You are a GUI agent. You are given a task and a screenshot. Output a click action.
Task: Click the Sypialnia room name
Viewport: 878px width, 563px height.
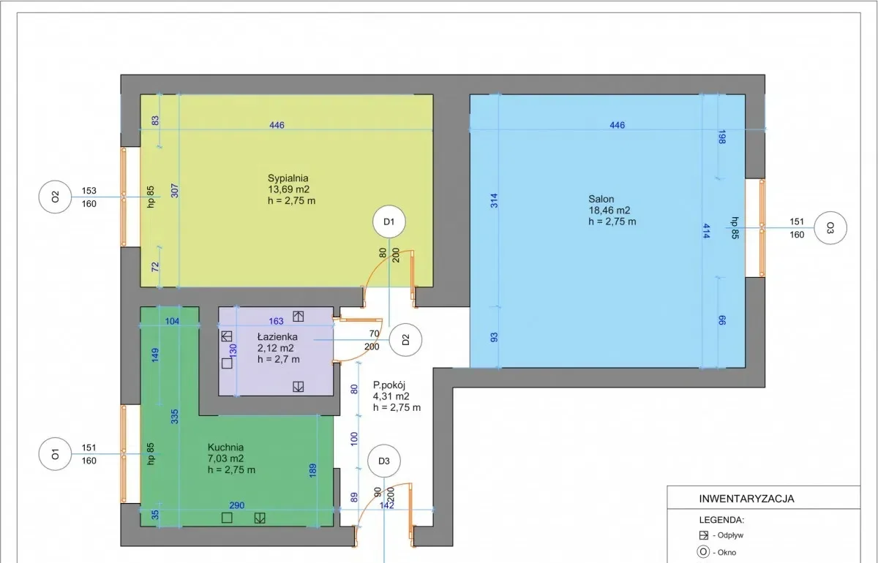pyautogui.click(x=288, y=178)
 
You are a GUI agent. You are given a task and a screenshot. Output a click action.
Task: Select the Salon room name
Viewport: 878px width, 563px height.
pyautogui.click(x=601, y=199)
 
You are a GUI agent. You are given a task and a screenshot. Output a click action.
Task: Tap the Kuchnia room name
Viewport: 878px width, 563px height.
pyautogui.click(x=226, y=447)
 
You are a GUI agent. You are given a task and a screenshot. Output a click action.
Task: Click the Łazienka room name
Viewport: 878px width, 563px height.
pyautogui.click(x=277, y=336)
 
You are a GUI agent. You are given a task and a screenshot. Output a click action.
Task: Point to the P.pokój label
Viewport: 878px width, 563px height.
pyautogui.click(x=389, y=385)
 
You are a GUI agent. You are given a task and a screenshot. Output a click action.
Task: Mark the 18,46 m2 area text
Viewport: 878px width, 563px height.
pyautogui.click(x=609, y=211)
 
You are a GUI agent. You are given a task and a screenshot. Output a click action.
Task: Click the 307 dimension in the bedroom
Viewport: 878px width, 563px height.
pyautogui.click(x=175, y=191)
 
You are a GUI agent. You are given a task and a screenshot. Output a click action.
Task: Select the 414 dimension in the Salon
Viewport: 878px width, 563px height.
pyautogui.click(x=706, y=231)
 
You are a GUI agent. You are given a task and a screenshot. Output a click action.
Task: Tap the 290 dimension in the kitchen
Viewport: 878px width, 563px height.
pyautogui.click(x=237, y=505)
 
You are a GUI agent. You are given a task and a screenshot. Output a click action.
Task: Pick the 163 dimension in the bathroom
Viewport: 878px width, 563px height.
pyautogui.click(x=276, y=321)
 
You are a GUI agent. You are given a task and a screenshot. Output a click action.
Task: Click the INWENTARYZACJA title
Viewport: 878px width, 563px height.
pyautogui.click(x=747, y=499)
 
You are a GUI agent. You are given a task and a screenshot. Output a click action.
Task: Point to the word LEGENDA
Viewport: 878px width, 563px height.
pyautogui.click(x=721, y=520)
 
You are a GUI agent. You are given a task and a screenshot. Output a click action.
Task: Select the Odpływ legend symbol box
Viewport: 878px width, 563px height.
pyautogui.click(x=704, y=535)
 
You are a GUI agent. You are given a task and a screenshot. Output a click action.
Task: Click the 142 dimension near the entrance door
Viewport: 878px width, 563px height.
pyautogui.click(x=386, y=505)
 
